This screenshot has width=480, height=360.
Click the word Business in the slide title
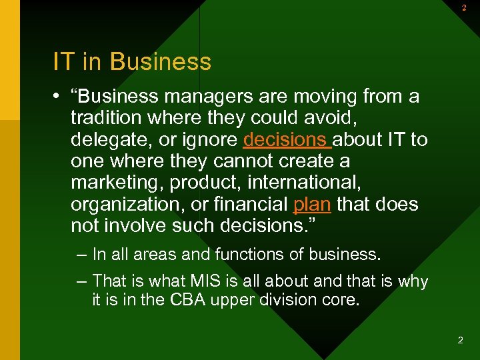coord(161,62)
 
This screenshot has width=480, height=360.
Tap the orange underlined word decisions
coord(287,140)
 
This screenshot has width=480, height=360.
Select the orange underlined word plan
coord(311,204)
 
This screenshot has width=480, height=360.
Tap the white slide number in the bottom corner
coord(460,340)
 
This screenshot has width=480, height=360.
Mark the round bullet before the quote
coord(59,97)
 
